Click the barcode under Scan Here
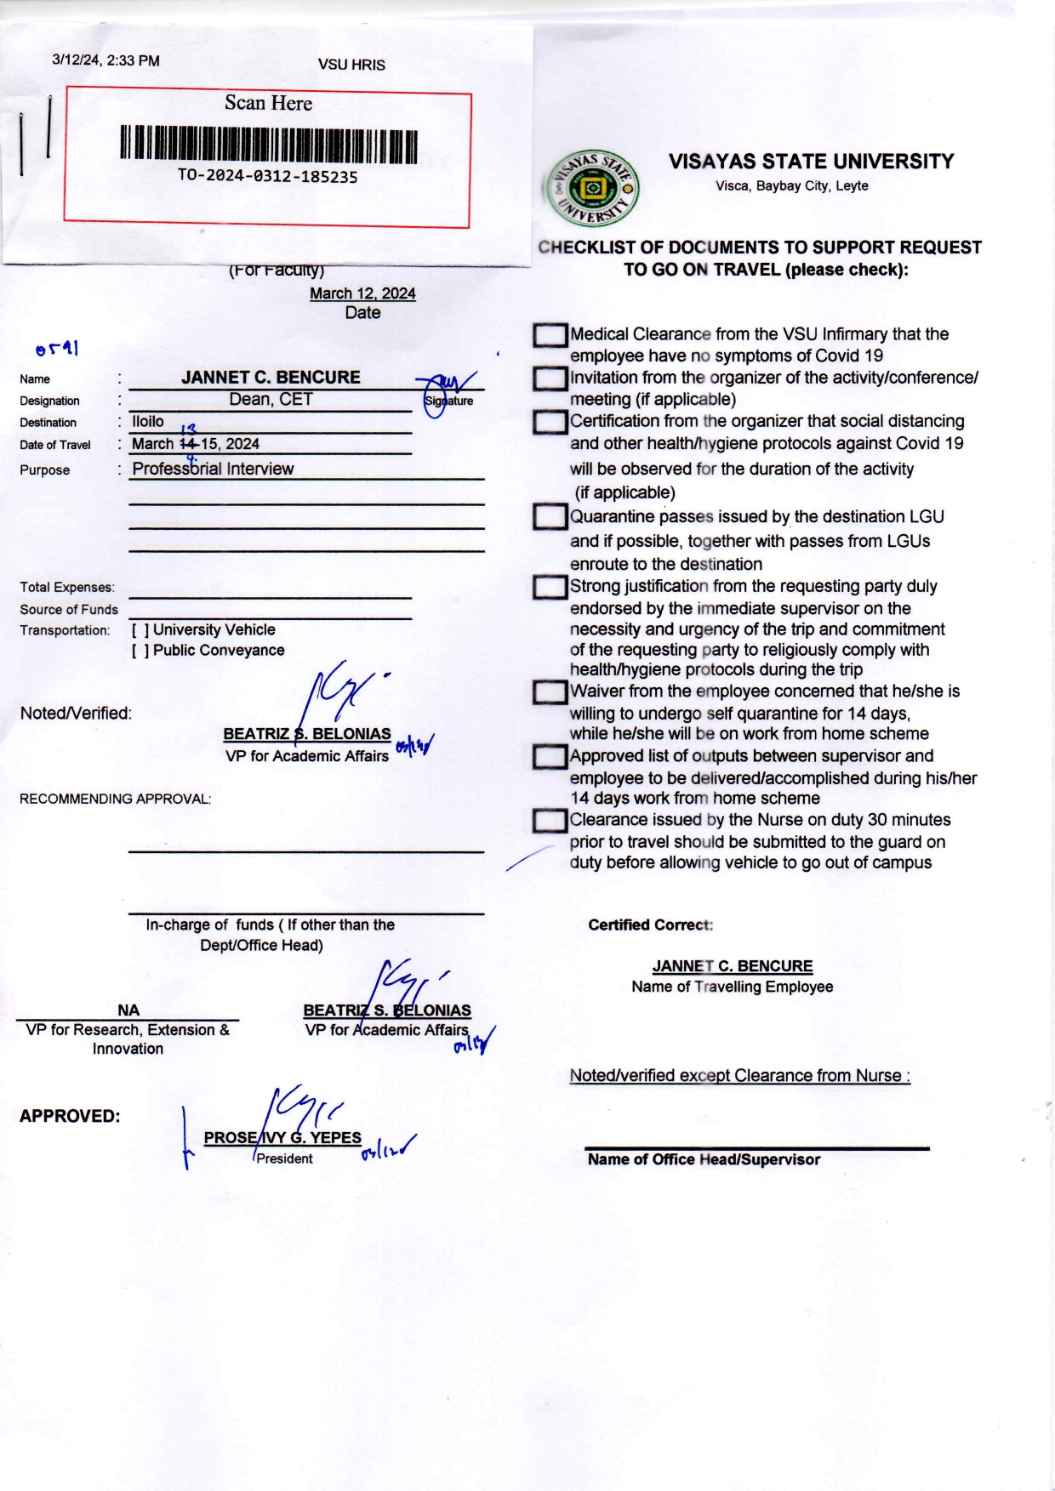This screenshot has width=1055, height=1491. coord(269,144)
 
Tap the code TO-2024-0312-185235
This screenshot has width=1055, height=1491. coord(267,177)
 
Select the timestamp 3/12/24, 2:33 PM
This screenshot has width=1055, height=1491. coord(105,60)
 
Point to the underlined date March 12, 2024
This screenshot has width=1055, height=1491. coord(362,293)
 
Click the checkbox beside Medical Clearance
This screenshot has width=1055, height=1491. coord(550,335)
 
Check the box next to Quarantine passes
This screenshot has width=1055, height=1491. coord(550,516)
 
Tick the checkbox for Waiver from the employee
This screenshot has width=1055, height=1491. coord(550,692)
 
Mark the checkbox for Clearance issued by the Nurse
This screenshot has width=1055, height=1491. coord(550,821)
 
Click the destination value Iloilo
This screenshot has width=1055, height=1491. coord(148,421)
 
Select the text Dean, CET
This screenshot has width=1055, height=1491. coord(271,399)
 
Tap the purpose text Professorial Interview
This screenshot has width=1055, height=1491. coord(213,469)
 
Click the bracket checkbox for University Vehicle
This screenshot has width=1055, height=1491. coord(140,630)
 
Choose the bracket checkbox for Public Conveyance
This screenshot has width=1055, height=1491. coord(140,651)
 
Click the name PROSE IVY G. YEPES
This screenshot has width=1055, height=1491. coord(282,1138)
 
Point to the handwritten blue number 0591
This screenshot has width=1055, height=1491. coord(57,349)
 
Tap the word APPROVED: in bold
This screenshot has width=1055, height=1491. coord(70,1116)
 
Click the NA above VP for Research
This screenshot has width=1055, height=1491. coord(128,1010)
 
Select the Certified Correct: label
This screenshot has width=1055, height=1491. coord(650,925)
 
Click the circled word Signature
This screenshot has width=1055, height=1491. coord(448,401)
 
